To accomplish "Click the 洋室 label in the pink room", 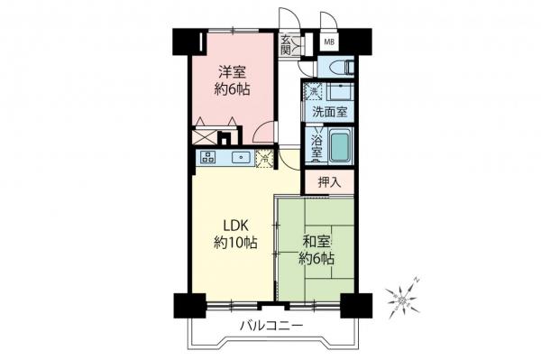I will pos(232,71).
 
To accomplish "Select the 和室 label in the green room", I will pos(316,242).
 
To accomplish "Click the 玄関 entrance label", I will pos(287,44).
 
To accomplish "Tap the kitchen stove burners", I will pos(208,158).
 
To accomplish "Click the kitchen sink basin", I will pos(242,158).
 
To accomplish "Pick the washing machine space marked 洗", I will pos(315,91).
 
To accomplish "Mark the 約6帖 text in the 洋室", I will pos(232,88).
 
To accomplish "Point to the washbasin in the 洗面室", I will pos(341,91).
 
